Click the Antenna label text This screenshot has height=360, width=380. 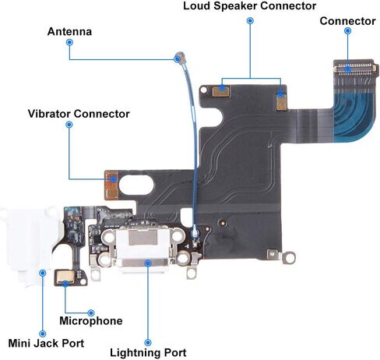pyautogui.click(x=69, y=32)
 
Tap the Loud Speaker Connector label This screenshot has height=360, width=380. pyautogui.click(x=250, y=6)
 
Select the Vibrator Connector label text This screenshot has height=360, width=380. pyautogui.click(x=79, y=114)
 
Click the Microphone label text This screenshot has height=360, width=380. pyautogui.click(x=91, y=321)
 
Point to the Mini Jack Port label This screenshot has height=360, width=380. pyautogui.click(x=46, y=343)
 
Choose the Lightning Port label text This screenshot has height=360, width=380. pyautogui.click(x=148, y=353)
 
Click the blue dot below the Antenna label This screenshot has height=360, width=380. pyautogui.click(x=69, y=42)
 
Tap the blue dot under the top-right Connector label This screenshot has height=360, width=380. pyautogui.click(x=347, y=31)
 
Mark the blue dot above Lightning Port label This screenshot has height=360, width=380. pyautogui.click(x=148, y=342)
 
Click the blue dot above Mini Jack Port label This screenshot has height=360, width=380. pyautogui.click(x=42, y=334)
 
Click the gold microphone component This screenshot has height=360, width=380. pyautogui.click(x=65, y=277)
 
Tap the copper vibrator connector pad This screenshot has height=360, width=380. pyautogui.click(x=112, y=185)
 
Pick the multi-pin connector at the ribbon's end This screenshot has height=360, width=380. pyautogui.click(x=354, y=69)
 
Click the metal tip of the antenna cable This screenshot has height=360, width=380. pyautogui.click(x=180, y=57)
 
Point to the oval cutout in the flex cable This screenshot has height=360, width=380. pyautogui.click(x=136, y=185)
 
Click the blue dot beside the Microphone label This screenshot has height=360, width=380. pyautogui.click(x=91, y=312)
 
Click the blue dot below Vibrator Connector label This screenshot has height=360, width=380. pyautogui.click(x=69, y=125)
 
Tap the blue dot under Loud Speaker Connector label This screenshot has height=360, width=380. pyautogui.click(x=250, y=21)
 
